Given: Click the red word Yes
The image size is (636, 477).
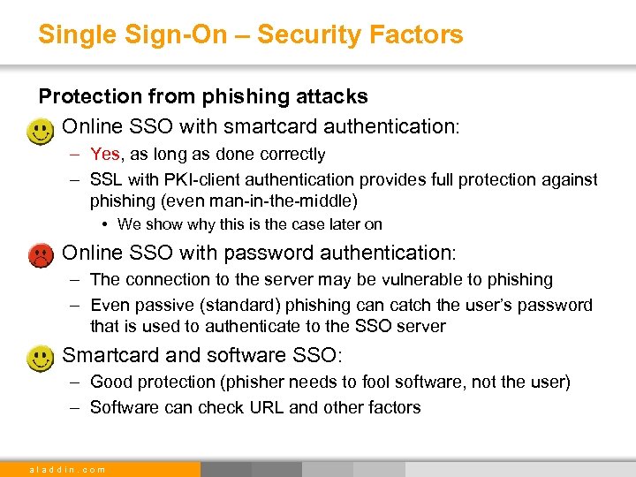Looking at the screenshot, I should tap(105, 155).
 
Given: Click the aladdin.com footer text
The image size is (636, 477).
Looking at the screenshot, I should tap(67, 469).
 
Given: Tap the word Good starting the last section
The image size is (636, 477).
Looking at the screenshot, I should tap(110, 382).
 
